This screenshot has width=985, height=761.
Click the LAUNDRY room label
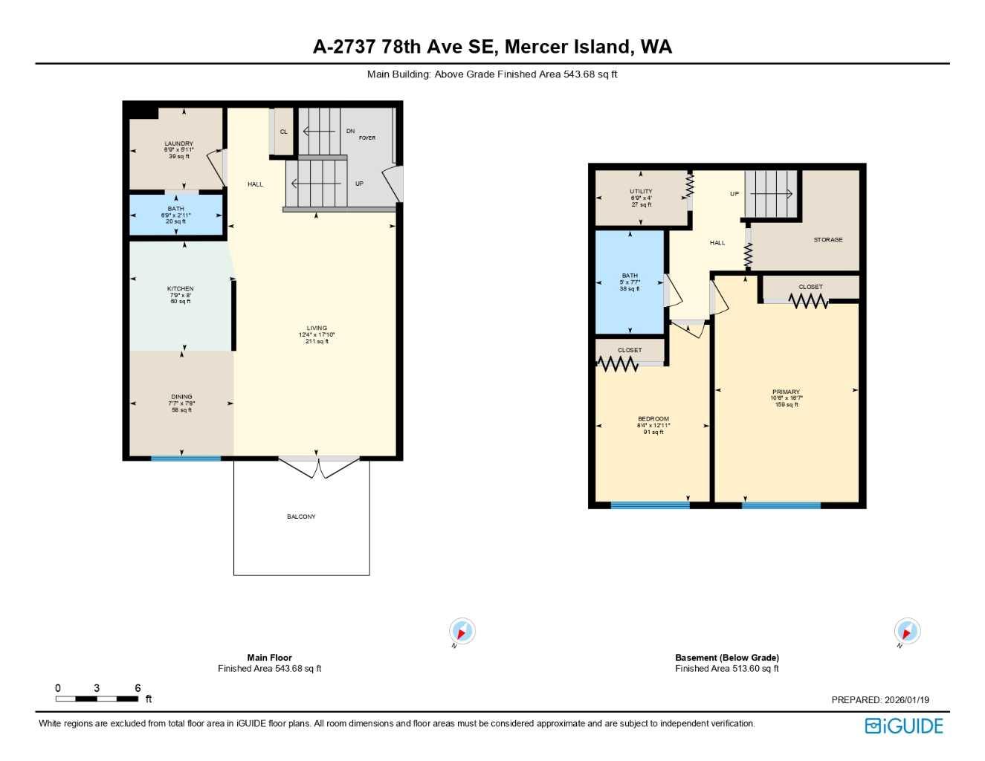(178, 143)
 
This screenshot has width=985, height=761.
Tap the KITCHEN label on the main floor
(180, 288)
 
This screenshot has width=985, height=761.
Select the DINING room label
(181, 397)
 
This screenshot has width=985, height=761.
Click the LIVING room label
(317, 328)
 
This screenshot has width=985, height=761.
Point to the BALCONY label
(301, 516)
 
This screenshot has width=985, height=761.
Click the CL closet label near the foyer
(283, 132)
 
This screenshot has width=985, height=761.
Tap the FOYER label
(367, 137)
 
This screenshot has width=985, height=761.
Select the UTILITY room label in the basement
(641, 191)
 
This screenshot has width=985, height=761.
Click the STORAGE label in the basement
(827, 239)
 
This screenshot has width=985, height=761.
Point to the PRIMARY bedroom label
(786, 392)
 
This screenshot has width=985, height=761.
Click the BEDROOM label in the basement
(653, 419)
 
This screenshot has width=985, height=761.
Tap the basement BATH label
(630, 276)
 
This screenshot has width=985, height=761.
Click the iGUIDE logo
(903, 726)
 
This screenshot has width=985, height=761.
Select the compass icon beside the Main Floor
(462, 632)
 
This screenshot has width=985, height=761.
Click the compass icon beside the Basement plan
(907, 632)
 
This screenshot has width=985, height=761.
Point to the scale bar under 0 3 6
(97, 699)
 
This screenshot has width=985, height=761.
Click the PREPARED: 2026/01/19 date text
(880, 699)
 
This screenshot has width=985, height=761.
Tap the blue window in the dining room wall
(186, 459)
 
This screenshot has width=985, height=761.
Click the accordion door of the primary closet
(808, 301)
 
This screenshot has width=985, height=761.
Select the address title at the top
(492, 47)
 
